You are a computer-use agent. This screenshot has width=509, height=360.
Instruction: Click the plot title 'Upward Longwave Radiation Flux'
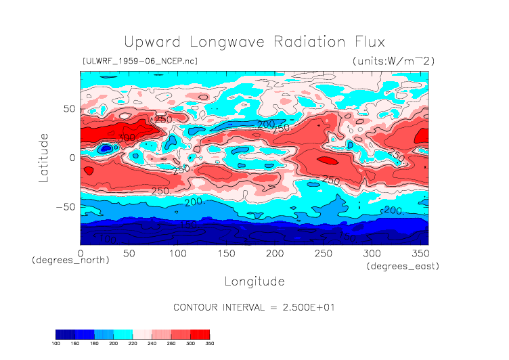pyautogui.click(x=254, y=41)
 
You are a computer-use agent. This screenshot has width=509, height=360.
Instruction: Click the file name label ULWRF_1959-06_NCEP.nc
pyautogui.click(x=139, y=61)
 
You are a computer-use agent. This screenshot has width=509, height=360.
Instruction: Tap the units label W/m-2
pyautogui.click(x=393, y=61)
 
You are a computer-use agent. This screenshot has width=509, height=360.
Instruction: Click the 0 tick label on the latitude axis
pyautogui.click(x=72, y=158)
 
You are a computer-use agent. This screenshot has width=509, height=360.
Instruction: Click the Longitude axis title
pyautogui.click(x=254, y=280)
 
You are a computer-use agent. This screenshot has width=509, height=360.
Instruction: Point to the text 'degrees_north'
pyautogui.click(x=70, y=260)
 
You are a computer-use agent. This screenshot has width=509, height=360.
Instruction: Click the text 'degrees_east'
pyautogui.click(x=403, y=266)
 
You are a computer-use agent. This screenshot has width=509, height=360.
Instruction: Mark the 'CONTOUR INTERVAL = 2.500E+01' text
pyautogui.click(x=254, y=307)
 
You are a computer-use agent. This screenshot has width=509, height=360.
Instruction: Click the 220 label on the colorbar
pyautogui.click(x=133, y=343)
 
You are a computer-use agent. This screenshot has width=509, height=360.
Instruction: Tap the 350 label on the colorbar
pyautogui.click(x=210, y=343)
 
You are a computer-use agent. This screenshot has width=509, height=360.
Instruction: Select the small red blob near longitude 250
pyautogui.click(x=326, y=160)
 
